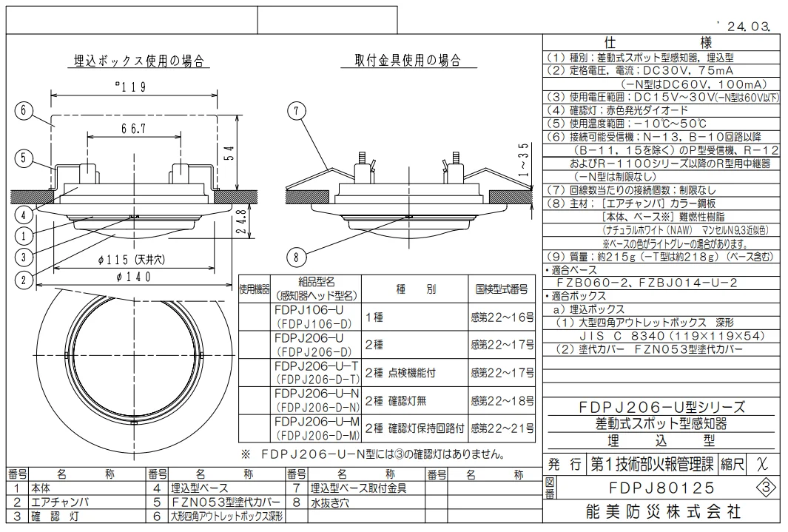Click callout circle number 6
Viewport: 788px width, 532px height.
tap(24, 110)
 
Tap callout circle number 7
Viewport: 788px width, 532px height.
tap(296, 111)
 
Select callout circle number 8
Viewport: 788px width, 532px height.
tap(296, 257)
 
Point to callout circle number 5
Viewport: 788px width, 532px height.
tap(24, 157)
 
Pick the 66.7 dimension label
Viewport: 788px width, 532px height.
tap(134, 129)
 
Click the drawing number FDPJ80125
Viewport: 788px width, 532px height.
tap(662, 488)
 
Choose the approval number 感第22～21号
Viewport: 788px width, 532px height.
tap(501, 428)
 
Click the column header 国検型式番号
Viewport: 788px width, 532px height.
tap(501, 288)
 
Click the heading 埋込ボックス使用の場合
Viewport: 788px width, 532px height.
tap(138, 60)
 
